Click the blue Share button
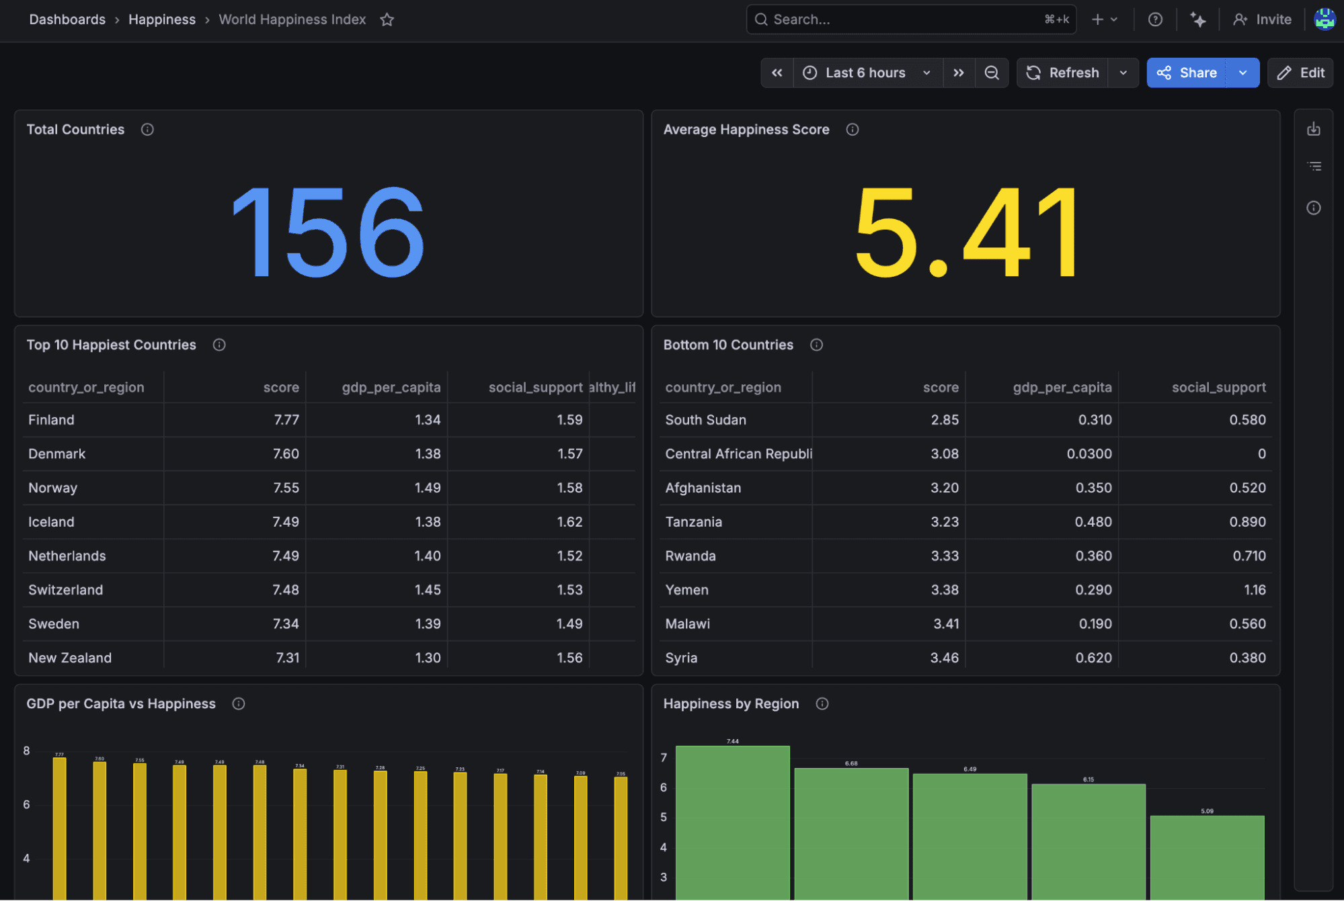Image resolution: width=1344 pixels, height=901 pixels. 1187,73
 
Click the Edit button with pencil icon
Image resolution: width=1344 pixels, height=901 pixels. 1300,73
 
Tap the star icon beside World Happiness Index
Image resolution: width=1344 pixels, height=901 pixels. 387,19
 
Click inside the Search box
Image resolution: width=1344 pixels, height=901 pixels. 901,19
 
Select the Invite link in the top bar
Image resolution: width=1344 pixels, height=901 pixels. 1262,19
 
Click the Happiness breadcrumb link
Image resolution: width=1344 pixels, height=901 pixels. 161,19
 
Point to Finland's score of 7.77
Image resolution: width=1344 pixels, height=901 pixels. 286,420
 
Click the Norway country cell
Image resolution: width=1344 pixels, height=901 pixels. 53,488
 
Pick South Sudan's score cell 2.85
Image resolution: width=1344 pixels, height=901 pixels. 944,420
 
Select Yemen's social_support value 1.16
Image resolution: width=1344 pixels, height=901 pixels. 1254,590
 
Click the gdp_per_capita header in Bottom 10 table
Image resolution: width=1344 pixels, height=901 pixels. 1062,388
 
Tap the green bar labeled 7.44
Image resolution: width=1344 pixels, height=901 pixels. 732,820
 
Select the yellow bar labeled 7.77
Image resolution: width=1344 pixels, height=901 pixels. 60,826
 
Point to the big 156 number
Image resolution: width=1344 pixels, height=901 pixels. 328,232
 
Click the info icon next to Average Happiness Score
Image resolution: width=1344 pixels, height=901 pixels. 852,130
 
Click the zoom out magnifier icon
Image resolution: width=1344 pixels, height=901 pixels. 992,73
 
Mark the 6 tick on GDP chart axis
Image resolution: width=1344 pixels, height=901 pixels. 26,804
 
